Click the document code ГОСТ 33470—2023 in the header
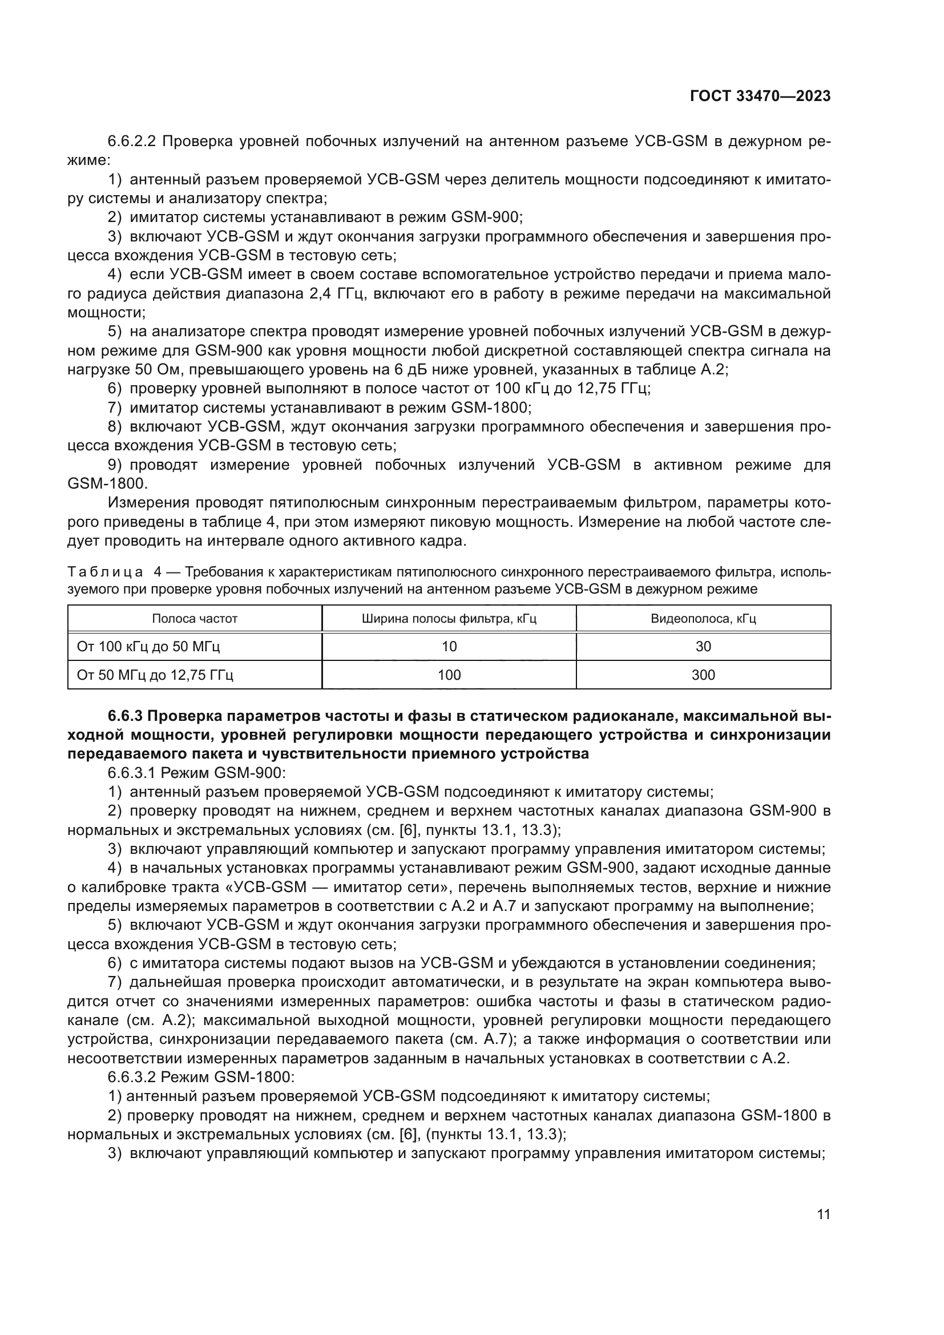coord(760,96)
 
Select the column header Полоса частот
coord(195,619)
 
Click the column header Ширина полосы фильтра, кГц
coord(449,619)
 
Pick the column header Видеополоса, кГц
coord(703,619)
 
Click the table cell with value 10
coord(449,647)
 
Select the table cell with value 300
coord(703,675)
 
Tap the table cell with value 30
coord(703,647)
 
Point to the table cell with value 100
coord(449,675)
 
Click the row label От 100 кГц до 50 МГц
coord(148,647)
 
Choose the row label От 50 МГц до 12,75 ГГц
coord(155,675)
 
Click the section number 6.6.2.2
coord(132,142)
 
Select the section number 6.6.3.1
coord(132,773)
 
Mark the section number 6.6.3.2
coord(132,1078)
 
